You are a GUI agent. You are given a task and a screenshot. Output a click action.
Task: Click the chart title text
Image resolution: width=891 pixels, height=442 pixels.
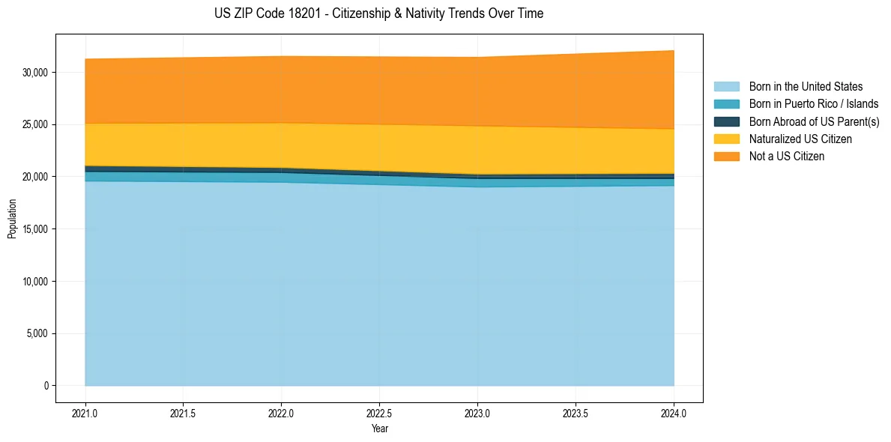[378, 13]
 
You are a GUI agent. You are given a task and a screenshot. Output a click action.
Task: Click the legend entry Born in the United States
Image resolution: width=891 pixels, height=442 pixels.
[806, 87]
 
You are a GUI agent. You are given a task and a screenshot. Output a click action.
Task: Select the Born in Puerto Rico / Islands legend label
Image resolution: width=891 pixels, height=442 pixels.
[814, 104]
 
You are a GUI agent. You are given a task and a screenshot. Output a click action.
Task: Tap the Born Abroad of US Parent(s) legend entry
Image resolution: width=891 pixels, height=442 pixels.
[814, 121]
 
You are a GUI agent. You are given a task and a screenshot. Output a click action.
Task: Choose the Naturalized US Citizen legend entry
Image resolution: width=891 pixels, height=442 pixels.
[800, 139]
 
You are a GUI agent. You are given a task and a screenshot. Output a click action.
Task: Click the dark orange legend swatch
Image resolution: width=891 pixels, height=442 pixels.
[726, 156]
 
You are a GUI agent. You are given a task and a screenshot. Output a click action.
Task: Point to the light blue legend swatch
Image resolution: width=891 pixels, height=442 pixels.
[726, 87]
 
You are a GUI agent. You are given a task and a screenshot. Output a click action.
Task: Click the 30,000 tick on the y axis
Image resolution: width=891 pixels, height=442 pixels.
[35, 72]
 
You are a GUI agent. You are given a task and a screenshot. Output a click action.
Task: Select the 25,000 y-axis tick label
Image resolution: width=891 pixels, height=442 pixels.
[35, 124]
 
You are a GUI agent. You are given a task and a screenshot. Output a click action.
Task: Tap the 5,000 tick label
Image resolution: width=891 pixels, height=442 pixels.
[37, 333]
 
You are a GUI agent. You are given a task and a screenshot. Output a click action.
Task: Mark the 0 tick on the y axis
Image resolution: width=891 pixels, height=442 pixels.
[46, 386]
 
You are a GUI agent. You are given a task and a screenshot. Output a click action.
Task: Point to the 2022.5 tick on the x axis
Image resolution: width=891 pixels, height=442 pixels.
[379, 413]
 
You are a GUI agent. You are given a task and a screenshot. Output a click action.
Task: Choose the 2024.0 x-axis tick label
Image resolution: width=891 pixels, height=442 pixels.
[674, 413]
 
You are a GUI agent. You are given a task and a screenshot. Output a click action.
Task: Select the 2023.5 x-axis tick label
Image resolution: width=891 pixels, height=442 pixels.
[576, 413]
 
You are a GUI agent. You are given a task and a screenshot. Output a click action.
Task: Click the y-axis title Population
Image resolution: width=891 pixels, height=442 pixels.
[12, 219]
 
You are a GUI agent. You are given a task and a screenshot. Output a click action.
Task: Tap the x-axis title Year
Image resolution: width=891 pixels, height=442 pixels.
[379, 429]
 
